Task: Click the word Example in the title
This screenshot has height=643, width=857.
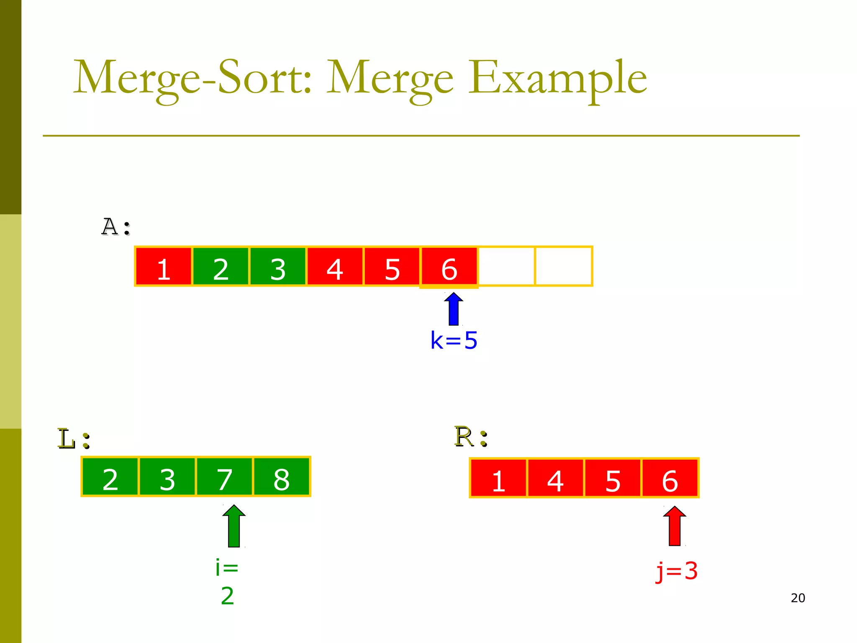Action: (557, 78)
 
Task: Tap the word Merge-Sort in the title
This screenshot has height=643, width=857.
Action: (192, 78)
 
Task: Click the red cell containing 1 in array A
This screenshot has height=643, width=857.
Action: (164, 267)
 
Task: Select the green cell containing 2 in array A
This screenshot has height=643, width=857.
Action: (221, 267)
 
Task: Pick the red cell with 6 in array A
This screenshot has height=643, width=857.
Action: (449, 267)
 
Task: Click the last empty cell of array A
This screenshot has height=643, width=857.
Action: (563, 267)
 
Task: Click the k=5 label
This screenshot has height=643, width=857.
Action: (454, 340)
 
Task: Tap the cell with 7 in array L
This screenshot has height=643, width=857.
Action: (224, 477)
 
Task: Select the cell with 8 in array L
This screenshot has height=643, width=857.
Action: (281, 477)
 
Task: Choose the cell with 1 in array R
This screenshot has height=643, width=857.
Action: (498, 478)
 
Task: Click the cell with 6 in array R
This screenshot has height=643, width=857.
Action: (670, 478)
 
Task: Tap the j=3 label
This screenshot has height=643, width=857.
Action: (677, 571)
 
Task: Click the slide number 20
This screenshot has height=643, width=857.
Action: (798, 598)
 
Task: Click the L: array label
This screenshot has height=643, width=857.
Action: (74, 439)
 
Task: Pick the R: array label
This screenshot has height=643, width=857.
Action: (471, 437)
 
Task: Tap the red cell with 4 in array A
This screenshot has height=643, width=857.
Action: (335, 267)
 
